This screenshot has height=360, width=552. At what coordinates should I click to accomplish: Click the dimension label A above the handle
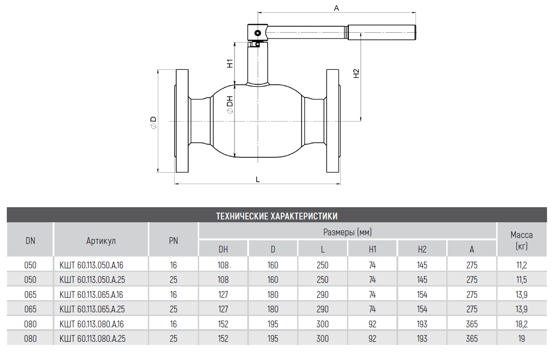tap(337, 8)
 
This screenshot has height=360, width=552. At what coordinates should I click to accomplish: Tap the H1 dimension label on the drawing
tap(230, 63)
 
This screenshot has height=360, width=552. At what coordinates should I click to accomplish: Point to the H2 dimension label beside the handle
tap(357, 73)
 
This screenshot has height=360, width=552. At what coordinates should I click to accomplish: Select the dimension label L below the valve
tap(258, 179)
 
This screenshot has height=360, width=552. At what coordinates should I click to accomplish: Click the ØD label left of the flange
tap(153, 122)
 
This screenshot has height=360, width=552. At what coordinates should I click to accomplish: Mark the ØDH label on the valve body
tap(230, 105)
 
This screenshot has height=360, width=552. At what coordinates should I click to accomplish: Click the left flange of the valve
tap(182, 121)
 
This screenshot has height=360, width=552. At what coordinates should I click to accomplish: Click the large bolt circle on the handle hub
tap(258, 33)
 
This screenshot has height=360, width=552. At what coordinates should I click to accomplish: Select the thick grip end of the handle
tap(382, 32)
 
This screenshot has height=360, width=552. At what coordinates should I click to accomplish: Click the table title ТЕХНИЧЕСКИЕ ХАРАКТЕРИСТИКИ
tap(277, 216)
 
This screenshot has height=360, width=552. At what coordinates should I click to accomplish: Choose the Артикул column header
tap(101, 240)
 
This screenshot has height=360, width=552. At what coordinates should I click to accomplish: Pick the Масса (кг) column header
tap(522, 240)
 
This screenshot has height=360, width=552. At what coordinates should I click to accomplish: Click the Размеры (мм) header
tap(347, 232)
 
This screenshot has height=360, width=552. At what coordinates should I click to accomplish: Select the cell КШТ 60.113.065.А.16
tap(91, 294)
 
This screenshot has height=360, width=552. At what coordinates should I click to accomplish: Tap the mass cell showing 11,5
tap(522, 280)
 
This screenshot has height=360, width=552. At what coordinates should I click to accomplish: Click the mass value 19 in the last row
tap(522, 339)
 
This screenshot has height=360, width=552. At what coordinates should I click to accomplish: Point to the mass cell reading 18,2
tap(522, 324)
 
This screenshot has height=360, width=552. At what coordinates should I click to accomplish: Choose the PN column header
tap(173, 240)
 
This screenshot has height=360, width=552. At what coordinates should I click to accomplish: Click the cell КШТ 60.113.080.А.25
tap(93, 339)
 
